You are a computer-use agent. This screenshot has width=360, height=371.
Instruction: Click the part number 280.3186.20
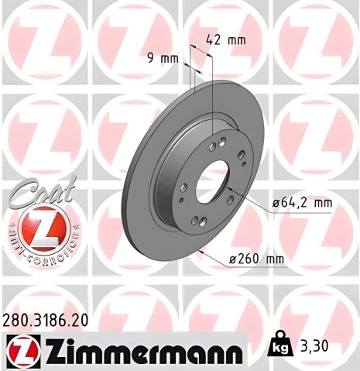pos(45,318)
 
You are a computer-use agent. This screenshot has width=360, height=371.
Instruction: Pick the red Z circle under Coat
pos(43,229)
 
